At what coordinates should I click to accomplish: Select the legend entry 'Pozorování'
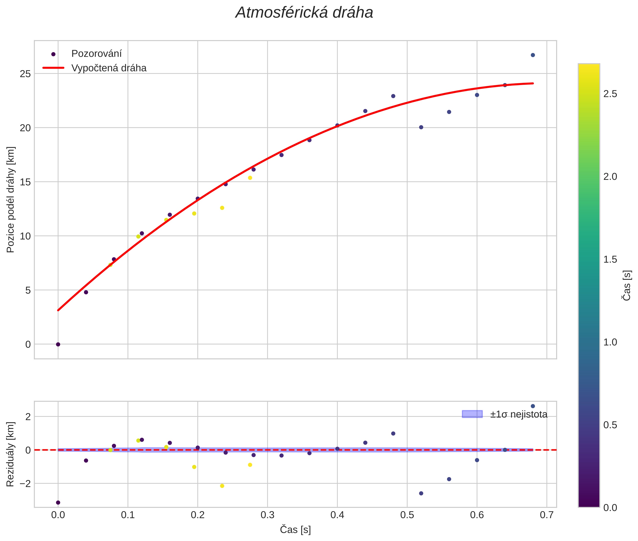(x=96, y=54)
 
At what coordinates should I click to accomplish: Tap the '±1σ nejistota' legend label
(x=519, y=414)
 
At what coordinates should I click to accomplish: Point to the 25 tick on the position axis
(x=25, y=74)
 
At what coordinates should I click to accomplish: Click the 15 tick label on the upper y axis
(x=25, y=182)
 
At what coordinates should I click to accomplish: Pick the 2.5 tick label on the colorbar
(x=610, y=94)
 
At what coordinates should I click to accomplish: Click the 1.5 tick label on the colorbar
(x=610, y=260)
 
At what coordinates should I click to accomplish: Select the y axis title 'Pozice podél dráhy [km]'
(x=11, y=200)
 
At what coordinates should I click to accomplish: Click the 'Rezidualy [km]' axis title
(x=11, y=454)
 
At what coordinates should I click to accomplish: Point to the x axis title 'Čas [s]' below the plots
(x=295, y=530)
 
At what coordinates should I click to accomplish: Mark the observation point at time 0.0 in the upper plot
(x=58, y=344)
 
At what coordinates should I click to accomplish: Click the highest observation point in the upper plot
(x=533, y=55)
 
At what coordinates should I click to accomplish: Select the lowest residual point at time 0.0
(x=58, y=502)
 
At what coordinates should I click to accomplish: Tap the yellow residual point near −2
(x=222, y=486)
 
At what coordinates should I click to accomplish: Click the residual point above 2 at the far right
(x=533, y=406)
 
